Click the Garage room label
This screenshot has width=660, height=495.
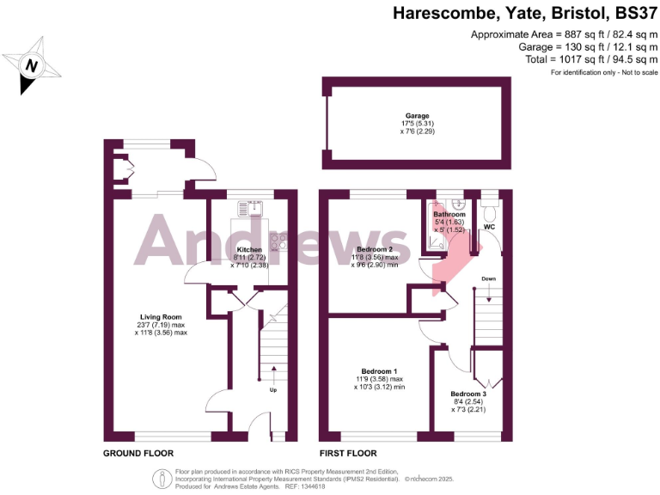click(418, 115)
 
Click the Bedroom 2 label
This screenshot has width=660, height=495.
click(375, 249)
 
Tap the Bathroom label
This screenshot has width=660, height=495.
click(449, 214)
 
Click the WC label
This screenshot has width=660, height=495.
click(490, 227)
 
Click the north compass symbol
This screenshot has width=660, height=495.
click(32, 65)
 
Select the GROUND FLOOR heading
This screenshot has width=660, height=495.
click(138, 453)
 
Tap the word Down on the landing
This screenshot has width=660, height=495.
click(488, 279)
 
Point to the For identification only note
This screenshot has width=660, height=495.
click(604, 72)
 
